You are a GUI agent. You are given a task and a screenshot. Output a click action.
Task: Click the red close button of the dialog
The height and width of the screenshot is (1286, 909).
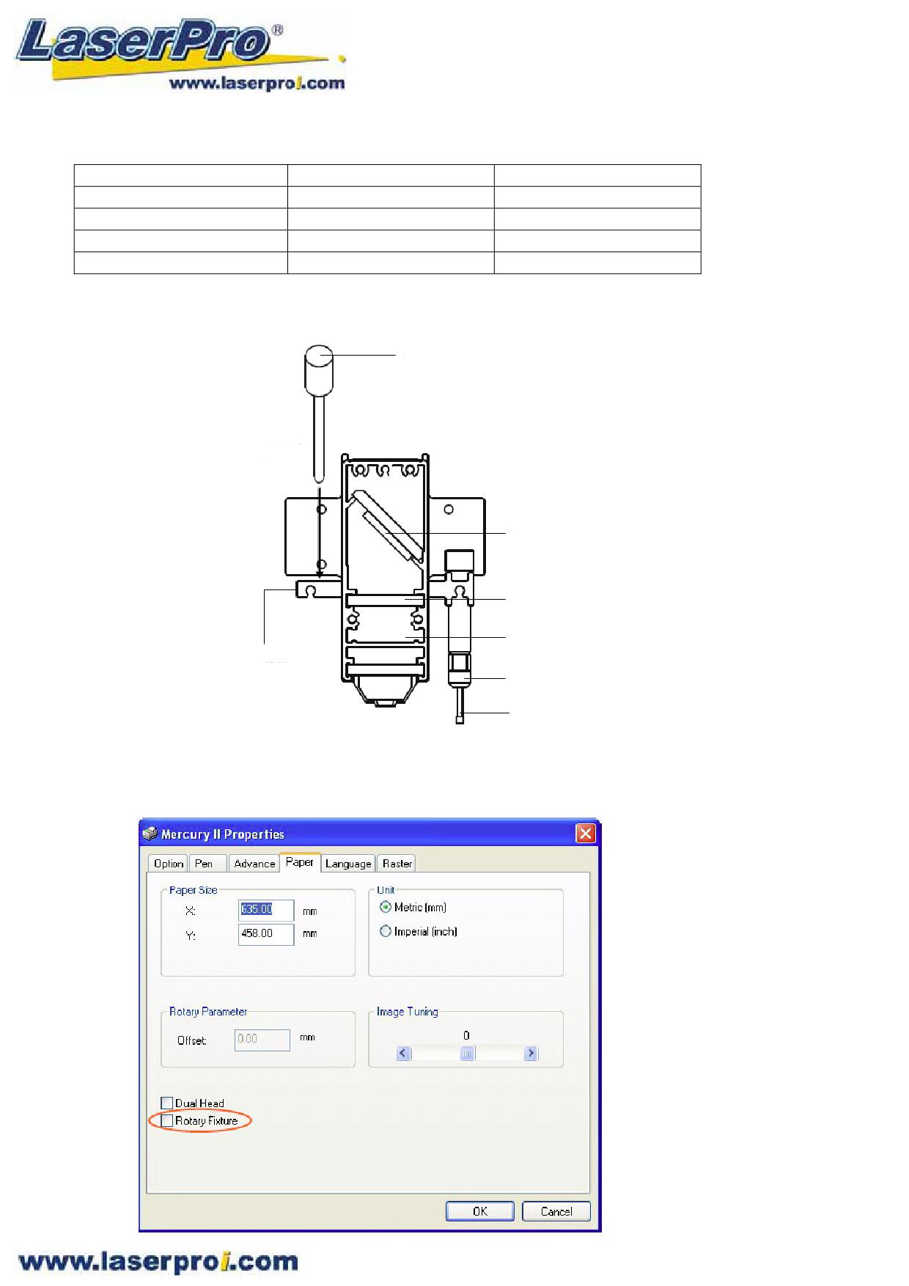[585, 833]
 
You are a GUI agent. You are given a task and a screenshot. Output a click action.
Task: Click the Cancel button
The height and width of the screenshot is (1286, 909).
[556, 1210]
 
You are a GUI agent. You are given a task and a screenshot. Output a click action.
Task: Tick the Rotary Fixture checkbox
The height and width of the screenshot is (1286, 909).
[167, 1120]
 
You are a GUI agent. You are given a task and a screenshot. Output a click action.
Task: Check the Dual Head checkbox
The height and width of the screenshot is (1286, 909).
[167, 1103]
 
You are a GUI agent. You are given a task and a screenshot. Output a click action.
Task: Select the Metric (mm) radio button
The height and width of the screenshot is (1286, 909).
[386, 907]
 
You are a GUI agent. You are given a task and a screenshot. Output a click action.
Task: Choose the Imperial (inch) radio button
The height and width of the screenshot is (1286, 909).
[386, 931]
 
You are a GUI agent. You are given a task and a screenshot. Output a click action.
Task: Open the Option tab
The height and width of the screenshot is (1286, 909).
[168, 864]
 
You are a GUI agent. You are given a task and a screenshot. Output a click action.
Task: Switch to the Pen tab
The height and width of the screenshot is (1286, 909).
[204, 864]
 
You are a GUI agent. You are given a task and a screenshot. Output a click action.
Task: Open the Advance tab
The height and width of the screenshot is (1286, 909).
[254, 864]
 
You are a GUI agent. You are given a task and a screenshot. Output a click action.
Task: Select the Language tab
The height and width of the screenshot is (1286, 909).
[348, 864]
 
